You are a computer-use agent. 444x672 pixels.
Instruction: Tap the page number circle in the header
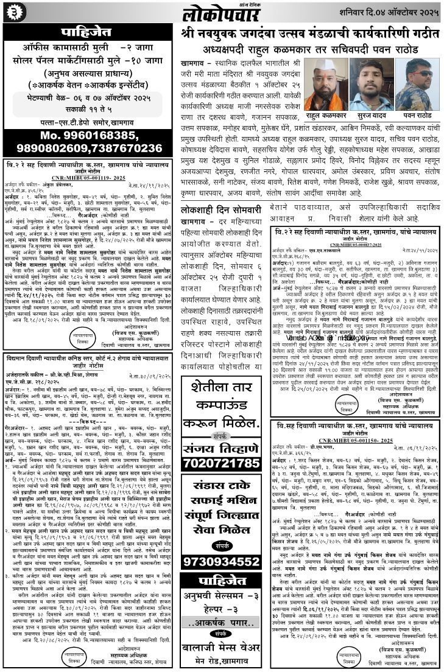point(10,11)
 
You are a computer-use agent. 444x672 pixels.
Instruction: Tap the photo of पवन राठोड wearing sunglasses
point(418,85)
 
